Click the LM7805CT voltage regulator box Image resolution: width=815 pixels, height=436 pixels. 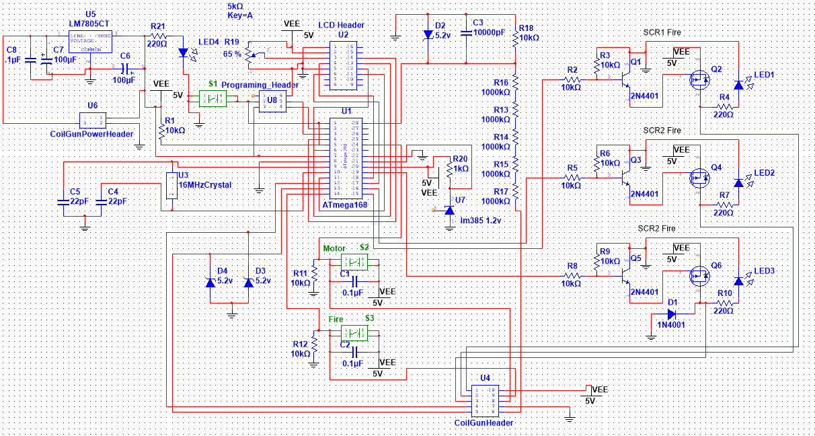click(x=91, y=41)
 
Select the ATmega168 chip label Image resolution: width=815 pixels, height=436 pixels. click(x=344, y=205)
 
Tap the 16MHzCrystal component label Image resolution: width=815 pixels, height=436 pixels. click(x=204, y=184)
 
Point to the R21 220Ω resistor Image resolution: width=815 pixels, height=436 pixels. click(x=158, y=36)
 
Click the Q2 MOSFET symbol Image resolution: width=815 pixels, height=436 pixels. click(x=699, y=80)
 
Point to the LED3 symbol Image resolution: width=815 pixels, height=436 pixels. click(x=738, y=279)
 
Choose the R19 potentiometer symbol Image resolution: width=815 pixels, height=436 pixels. click(x=251, y=54)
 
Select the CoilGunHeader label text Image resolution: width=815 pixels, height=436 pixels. click(x=483, y=423)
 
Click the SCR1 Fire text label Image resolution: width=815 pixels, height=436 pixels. click(x=662, y=32)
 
